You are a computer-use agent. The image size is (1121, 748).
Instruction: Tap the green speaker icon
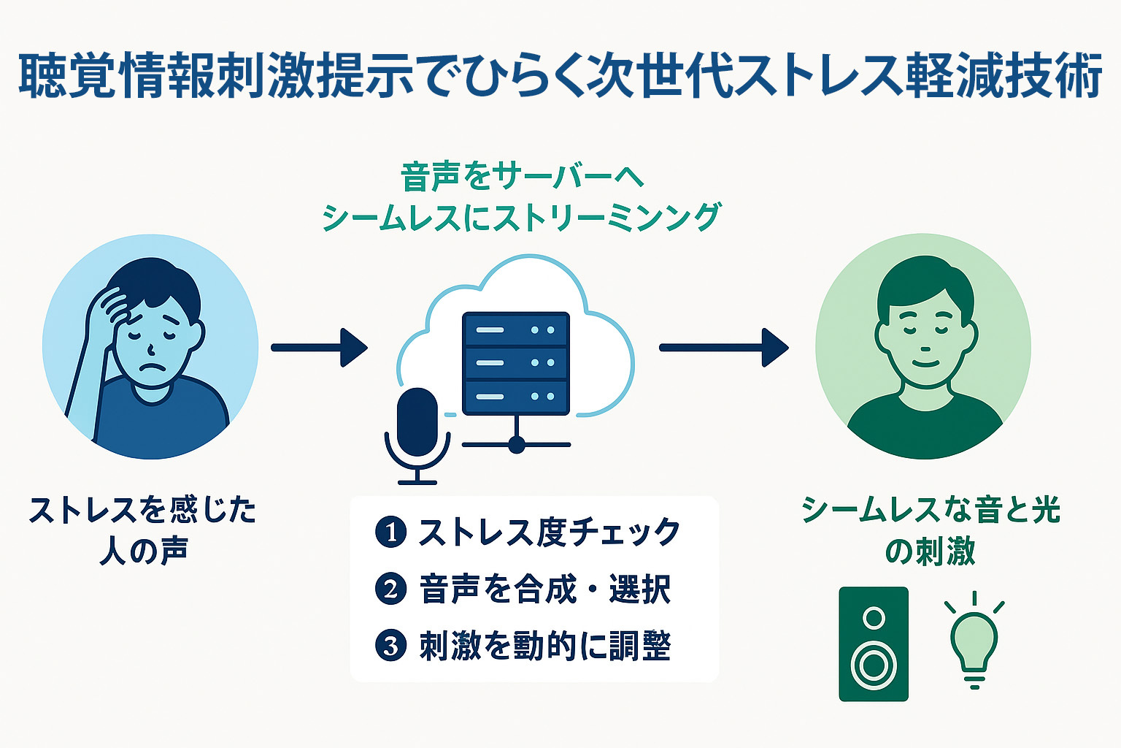pos(874,644)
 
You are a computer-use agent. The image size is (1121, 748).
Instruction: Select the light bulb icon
pos(974,644)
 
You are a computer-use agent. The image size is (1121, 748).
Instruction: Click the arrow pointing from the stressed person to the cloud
pos(319,347)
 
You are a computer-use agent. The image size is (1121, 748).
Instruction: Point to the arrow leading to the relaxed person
pos(723,347)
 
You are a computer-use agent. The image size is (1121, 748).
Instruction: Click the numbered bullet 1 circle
pos(390,532)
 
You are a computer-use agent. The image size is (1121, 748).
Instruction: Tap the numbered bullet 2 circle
pos(390,588)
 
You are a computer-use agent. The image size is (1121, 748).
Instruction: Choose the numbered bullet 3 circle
pos(390,645)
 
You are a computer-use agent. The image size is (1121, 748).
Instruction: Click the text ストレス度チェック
pos(549,532)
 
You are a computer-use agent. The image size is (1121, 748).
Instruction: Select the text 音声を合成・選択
pos(544,589)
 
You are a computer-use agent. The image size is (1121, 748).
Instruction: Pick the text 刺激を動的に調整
pos(544,646)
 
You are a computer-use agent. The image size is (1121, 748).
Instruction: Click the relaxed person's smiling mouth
pos(925,361)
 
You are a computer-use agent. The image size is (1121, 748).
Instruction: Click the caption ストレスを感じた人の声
pos(143,530)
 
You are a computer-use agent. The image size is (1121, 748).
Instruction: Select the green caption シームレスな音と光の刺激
pos(931,530)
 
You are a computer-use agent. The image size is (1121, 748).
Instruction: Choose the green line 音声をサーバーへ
pos(522,177)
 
